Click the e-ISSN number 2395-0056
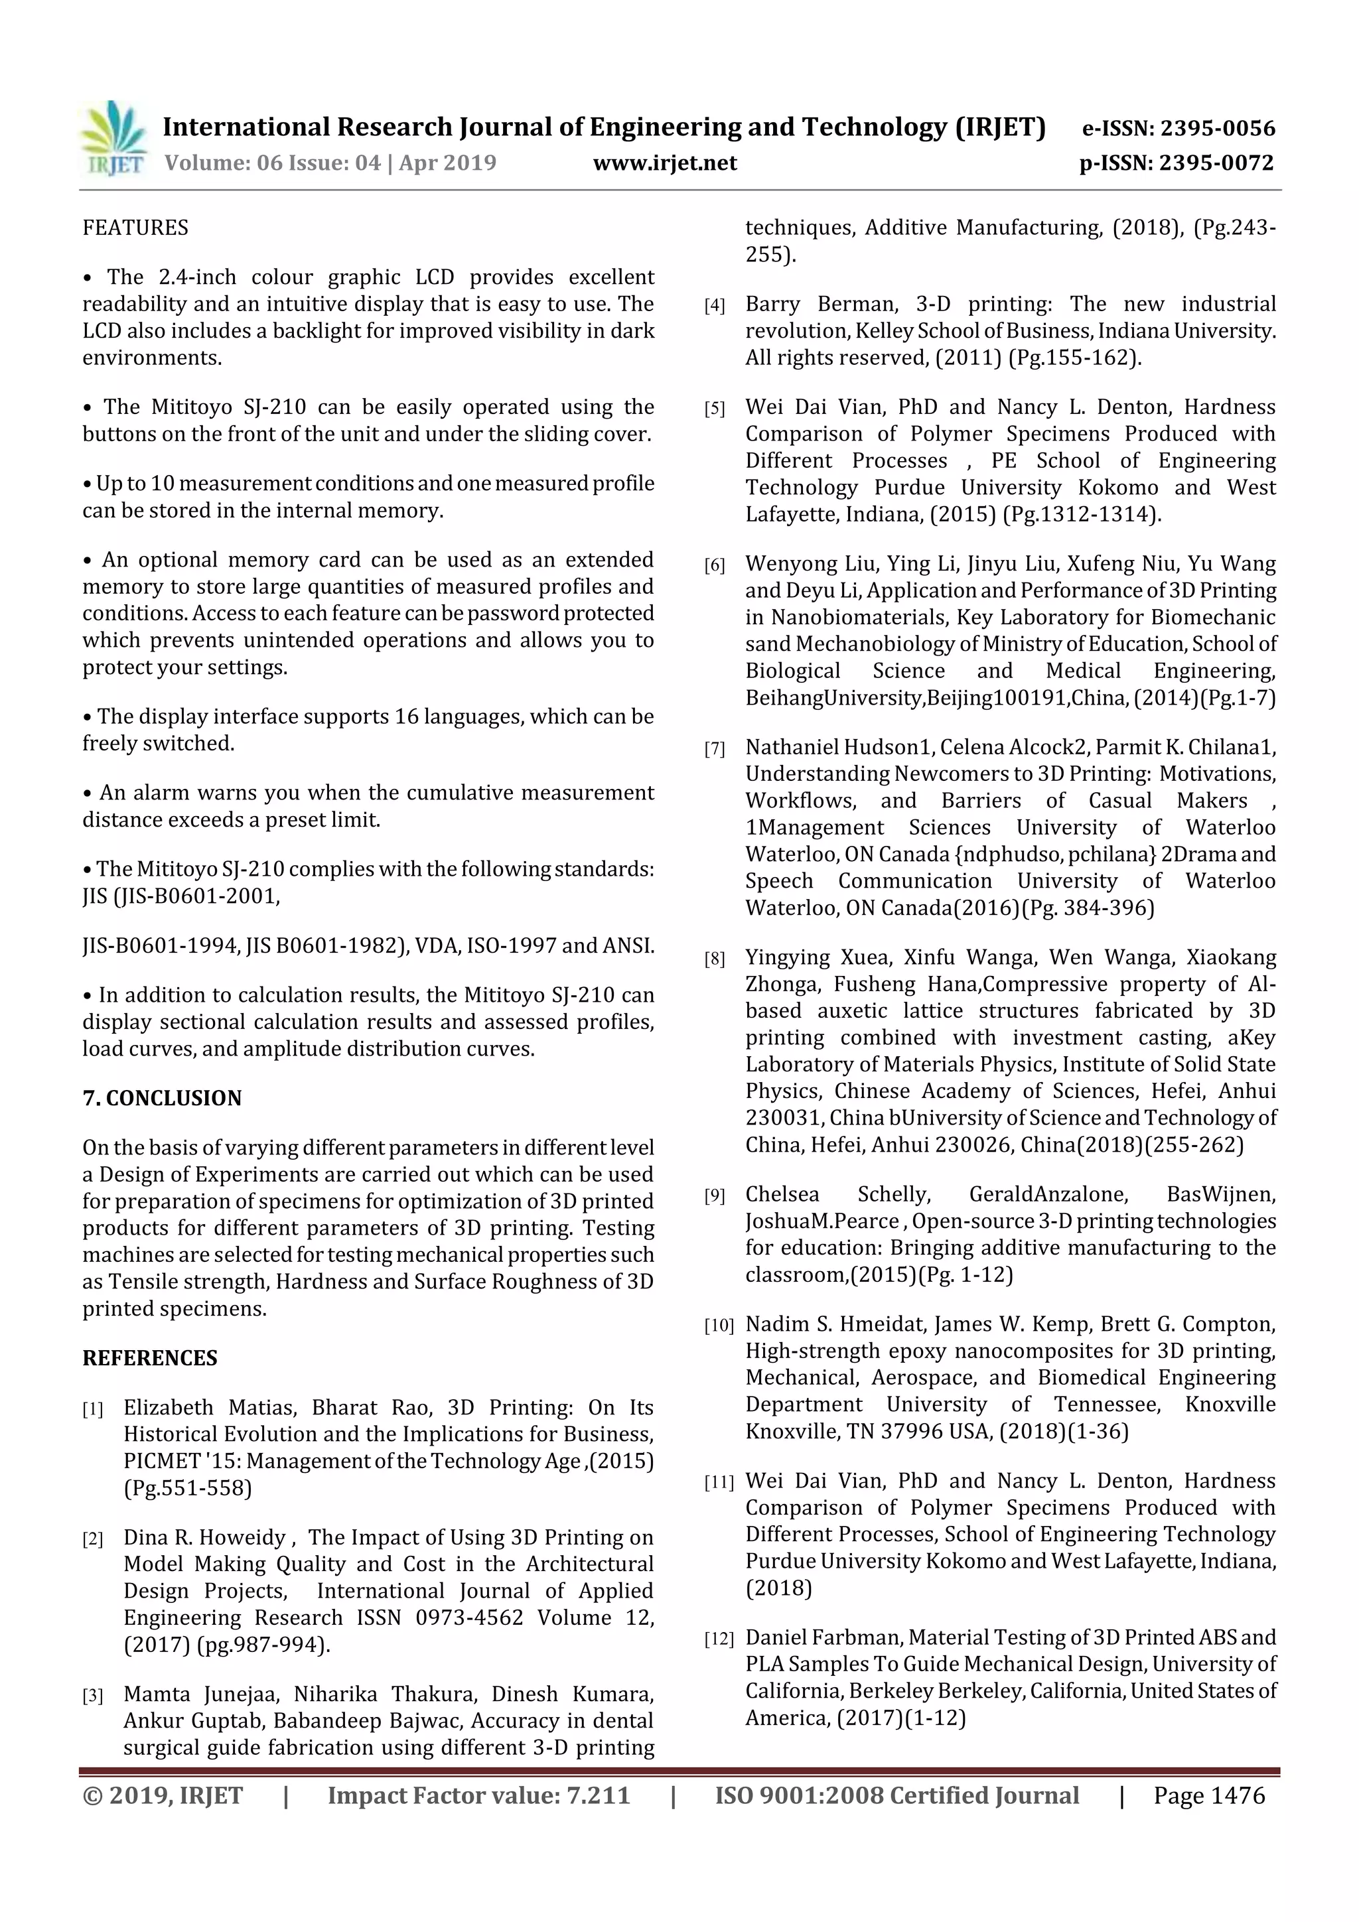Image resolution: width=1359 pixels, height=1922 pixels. pos(1216,128)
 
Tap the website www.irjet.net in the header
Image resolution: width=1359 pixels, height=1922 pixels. pos(665,163)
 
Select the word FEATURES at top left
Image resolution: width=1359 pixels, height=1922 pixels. pos(135,228)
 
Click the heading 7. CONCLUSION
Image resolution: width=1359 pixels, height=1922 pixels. pos(162,1097)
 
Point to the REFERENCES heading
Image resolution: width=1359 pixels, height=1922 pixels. pos(150,1358)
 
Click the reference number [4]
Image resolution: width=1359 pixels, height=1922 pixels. pos(714,307)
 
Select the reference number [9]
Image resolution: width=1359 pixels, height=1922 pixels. pos(714,1196)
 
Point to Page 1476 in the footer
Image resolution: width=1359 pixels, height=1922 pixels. pos(1208,1795)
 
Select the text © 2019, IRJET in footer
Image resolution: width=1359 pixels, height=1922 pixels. pos(163,1795)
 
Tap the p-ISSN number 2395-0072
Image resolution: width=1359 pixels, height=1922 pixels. pos(1216,163)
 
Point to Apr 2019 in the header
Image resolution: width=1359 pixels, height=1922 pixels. pos(447,163)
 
